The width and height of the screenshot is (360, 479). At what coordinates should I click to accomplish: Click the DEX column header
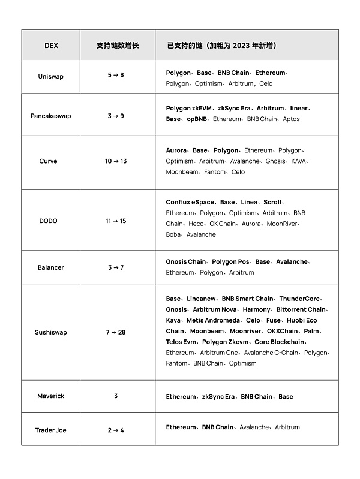(51, 46)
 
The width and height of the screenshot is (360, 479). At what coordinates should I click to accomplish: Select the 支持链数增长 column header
(118, 46)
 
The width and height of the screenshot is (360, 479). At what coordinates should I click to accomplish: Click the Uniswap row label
(51, 77)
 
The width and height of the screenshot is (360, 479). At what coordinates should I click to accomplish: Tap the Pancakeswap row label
(51, 116)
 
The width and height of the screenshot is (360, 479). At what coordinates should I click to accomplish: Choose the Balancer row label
(51, 267)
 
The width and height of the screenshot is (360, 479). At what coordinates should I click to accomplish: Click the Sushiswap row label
(51, 332)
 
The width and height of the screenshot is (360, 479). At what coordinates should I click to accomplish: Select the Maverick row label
(51, 396)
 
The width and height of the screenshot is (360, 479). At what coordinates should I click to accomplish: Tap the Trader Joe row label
(51, 430)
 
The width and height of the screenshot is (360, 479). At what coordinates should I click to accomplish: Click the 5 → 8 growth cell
(116, 77)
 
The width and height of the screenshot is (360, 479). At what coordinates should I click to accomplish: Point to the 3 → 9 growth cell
(116, 116)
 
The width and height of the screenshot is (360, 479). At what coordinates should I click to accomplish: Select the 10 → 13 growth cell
(116, 161)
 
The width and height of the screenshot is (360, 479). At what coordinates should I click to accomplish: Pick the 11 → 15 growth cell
(116, 221)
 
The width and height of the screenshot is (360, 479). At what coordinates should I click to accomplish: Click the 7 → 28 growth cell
(116, 332)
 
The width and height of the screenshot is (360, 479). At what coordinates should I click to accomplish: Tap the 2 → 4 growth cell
(116, 430)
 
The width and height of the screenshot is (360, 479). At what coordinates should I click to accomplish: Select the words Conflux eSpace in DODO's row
(190, 202)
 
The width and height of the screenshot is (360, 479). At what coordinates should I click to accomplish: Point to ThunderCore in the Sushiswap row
(300, 299)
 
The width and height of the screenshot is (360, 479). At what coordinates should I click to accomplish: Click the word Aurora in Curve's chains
(176, 150)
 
